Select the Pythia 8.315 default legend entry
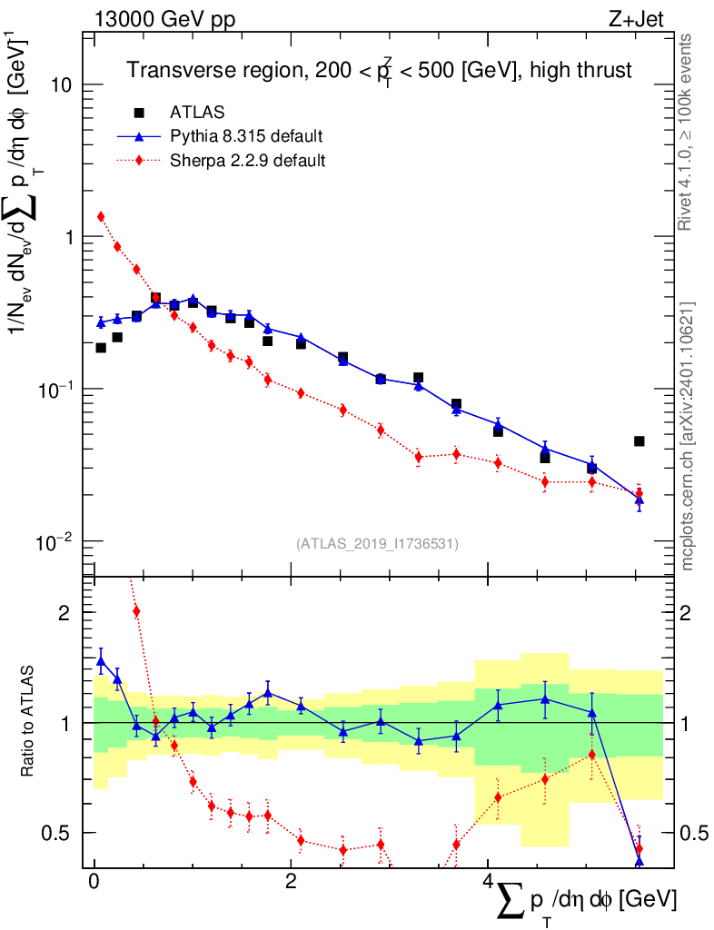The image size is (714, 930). pyautogui.click(x=245, y=136)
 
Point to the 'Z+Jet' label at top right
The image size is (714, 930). pyautogui.click(x=638, y=19)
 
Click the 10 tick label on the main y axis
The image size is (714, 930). pyautogui.click(x=64, y=84)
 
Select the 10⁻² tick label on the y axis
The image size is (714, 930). pyautogui.click(x=56, y=541)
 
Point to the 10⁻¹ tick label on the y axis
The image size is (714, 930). pyautogui.click(x=56, y=389)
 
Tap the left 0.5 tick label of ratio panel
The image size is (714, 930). pyautogui.click(x=60, y=833)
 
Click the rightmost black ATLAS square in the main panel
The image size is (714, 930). pyautogui.click(x=639, y=441)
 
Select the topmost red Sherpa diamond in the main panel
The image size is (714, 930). pyautogui.click(x=101, y=216)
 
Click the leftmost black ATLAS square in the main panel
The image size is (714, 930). pyautogui.click(x=101, y=347)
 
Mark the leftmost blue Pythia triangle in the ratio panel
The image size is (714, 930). pyautogui.click(x=101, y=660)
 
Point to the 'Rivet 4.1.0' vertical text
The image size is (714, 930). pyautogui.click(x=688, y=132)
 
